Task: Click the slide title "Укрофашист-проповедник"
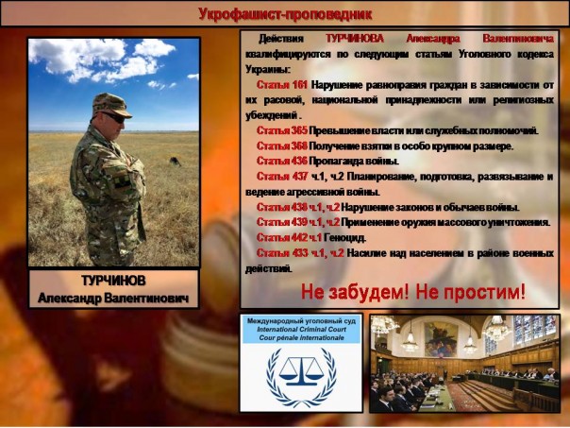[x=285, y=13]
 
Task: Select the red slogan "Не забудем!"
[x=351, y=292]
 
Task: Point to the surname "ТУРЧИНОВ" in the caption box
[x=113, y=282]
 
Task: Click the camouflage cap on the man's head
[x=112, y=103]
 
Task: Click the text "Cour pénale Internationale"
[x=301, y=340]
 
